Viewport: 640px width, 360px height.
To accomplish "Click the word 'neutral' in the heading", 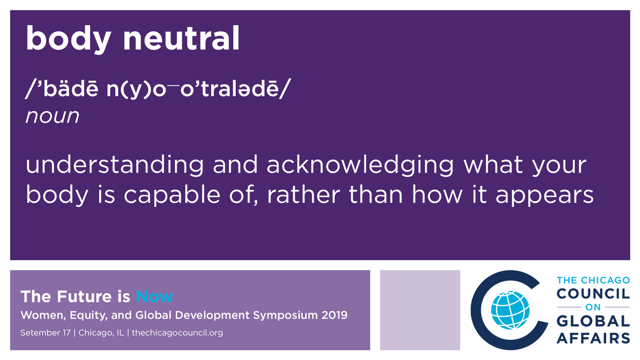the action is pyautogui.click(x=181, y=38).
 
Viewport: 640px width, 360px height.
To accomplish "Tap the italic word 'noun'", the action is pyautogui.click(x=52, y=116).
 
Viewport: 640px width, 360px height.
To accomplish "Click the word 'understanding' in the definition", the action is pyautogui.click(x=114, y=165).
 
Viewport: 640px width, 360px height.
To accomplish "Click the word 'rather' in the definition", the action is pyautogui.click(x=303, y=195).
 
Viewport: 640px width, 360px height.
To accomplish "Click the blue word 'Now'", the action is pyautogui.click(x=154, y=296).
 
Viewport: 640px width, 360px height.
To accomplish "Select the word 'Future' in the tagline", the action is pyautogui.click(x=84, y=296).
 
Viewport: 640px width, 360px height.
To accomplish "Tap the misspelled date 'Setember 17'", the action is pyautogui.click(x=45, y=333).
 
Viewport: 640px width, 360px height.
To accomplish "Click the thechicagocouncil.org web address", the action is pyautogui.click(x=177, y=333).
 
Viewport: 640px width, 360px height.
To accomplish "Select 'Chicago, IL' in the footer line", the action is pyautogui.click(x=101, y=333).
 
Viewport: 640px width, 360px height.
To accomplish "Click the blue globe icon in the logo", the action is pyautogui.click(x=510, y=310).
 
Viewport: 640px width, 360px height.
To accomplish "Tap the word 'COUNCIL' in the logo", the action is pyautogui.click(x=593, y=293).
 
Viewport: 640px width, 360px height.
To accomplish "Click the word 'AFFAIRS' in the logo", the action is pyautogui.click(x=593, y=338).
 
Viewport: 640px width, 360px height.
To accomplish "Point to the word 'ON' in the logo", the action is pyautogui.click(x=593, y=307).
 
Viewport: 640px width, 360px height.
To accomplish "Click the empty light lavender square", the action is pyautogui.click(x=420, y=310).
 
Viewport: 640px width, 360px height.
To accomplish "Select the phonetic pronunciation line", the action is pyautogui.click(x=158, y=89).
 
